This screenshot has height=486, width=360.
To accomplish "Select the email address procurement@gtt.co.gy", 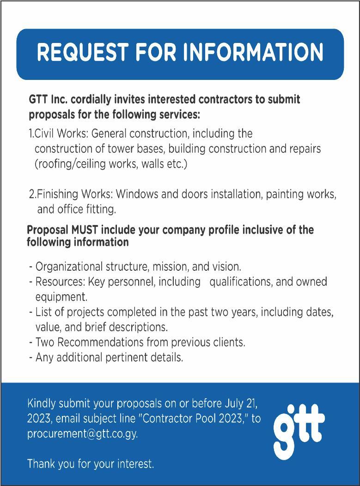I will (x=82, y=434).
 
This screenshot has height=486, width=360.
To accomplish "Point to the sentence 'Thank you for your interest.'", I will (x=91, y=463).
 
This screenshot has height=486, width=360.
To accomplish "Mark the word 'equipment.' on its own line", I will (x=61, y=296).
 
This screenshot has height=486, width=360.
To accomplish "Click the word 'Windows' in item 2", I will (x=140, y=194).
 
